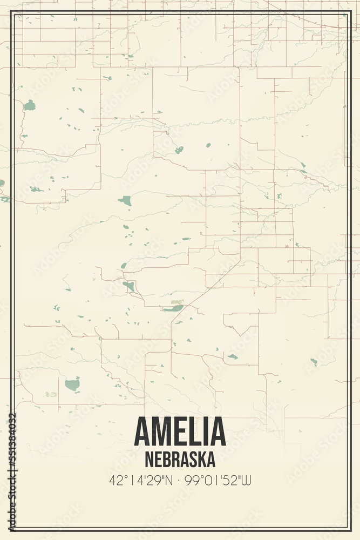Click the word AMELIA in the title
(x=180, y=432)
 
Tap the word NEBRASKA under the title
(x=180, y=459)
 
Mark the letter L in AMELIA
(x=199, y=432)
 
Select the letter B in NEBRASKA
(x=165, y=459)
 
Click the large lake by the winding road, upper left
(x=30, y=105)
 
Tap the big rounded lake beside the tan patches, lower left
(x=72, y=385)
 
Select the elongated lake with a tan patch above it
(x=174, y=308)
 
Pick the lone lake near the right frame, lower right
(x=314, y=361)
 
